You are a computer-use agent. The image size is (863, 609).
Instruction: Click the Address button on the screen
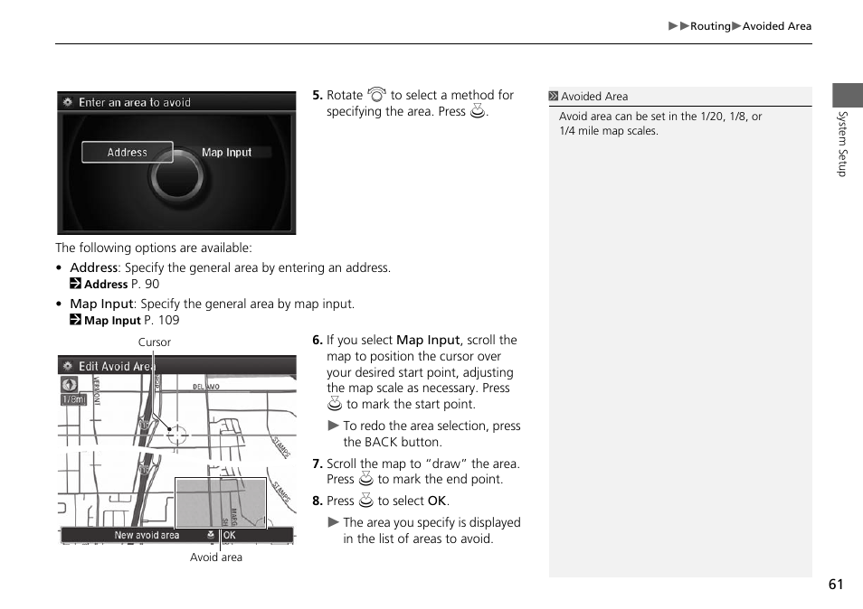[128, 153]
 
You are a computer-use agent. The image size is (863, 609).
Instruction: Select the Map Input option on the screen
[226, 153]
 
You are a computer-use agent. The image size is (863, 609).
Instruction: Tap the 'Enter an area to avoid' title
[134, 103]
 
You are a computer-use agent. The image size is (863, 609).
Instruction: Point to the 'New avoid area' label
[147, 535]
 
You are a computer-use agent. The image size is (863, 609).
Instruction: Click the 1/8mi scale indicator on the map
[73, 399]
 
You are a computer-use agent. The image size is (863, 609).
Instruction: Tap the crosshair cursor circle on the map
[177, 435]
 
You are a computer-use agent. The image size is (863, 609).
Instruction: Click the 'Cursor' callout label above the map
[154, 342]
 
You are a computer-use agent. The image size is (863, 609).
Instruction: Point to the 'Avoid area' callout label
[216, 557]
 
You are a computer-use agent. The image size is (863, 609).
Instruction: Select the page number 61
[835, 585]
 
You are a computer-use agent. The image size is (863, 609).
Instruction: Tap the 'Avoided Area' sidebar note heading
[593, 97]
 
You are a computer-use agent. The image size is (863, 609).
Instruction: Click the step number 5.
[317, 95]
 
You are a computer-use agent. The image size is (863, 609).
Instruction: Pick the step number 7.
[317, 464]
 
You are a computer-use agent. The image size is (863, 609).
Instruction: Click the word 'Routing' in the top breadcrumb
[710, 26]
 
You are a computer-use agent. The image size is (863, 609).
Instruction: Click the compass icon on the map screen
[70, 384]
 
